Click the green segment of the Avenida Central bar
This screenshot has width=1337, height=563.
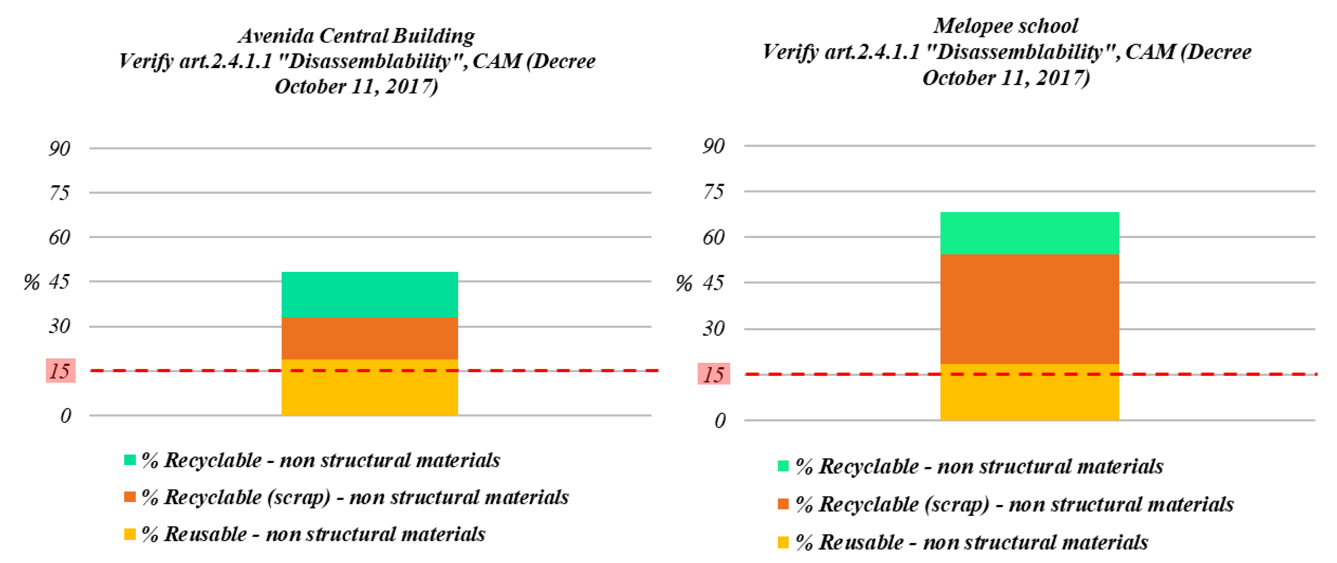pyautogui.click(x=370, y=294)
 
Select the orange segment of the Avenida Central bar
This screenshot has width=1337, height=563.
pyautogui.click(x=370, y=338)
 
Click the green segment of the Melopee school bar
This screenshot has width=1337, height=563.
pyautogui.click(x=1029, y=233)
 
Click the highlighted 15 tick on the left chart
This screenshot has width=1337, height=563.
pyautogui.click(x=60, y=371)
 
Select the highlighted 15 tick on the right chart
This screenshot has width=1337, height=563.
pyautogui.click(x=714, y=374)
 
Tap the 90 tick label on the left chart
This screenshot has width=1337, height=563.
pyautogui.click(x=59, y=149)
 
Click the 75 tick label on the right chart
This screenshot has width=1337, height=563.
pyautogui.click(x=713, y=192)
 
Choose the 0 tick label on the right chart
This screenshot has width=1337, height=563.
pyautogui.click(x=719, y=420)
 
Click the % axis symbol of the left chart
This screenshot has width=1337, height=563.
pyautogui.click(x=31, y=282)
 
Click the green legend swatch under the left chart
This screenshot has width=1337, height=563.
pyautogui.click(x=130, y=459)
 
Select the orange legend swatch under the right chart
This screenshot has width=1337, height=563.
pyautogui.click(x=783, y=504)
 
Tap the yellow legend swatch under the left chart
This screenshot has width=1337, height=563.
pyautogui.click(x=130, y=534)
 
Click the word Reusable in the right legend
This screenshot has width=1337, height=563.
pyautogui.click(x=861, y=542)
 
